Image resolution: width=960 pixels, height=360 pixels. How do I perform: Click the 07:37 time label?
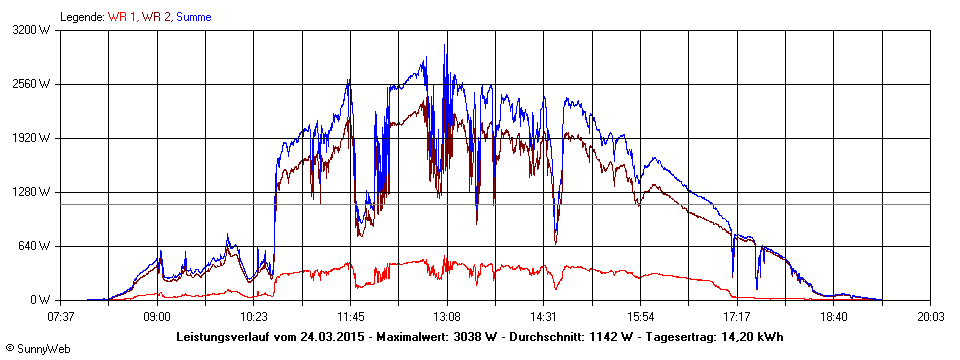[61, 316]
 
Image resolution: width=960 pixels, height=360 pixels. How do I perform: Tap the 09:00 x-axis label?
[157, 316]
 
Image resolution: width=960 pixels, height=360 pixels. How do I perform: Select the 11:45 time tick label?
[350, 316]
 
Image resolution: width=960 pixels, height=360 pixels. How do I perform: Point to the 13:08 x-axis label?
[447, 316]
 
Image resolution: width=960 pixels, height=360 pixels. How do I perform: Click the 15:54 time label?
[640, 316]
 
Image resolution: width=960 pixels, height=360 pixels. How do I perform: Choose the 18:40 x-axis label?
[834, 316]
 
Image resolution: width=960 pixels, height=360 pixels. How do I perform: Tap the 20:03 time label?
[930, 316]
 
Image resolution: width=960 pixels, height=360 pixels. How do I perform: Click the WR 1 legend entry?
[122, 17]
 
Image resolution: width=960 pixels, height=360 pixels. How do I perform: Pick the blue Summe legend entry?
[194, 17]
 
